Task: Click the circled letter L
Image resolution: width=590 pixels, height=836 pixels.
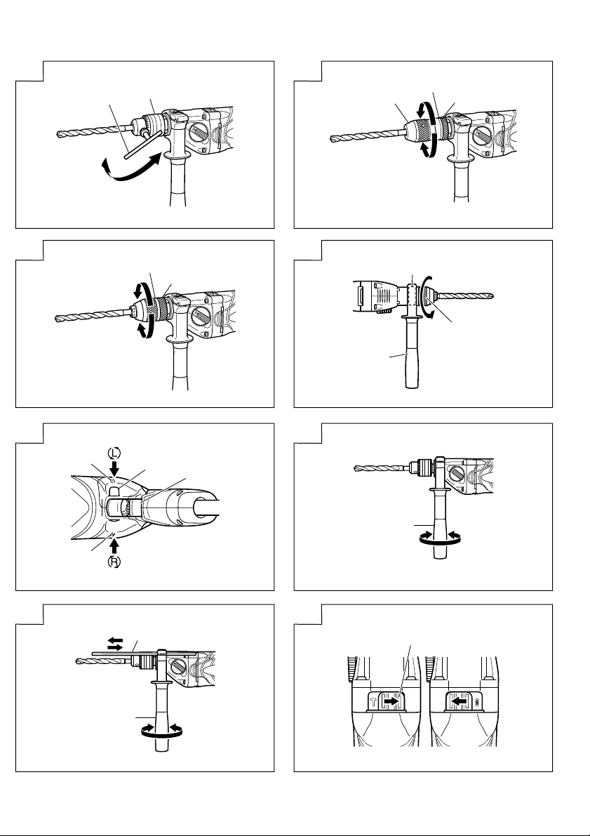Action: click(x=114, y=453)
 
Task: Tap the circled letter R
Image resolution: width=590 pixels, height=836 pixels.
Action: click(x=114, y=562)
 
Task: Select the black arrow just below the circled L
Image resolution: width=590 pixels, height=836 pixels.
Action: click(x=114, y=467)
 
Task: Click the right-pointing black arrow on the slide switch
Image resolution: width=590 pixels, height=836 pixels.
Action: click(x=391, y=702)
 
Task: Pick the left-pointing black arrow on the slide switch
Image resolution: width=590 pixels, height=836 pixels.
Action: click(x=459, y=702)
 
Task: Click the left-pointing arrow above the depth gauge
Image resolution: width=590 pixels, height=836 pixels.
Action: click(x=115, y=639)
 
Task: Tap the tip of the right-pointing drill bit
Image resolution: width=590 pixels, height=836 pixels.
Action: click(x=491, y=296)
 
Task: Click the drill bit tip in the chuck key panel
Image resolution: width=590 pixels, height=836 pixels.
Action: click(x=60, y=134)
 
